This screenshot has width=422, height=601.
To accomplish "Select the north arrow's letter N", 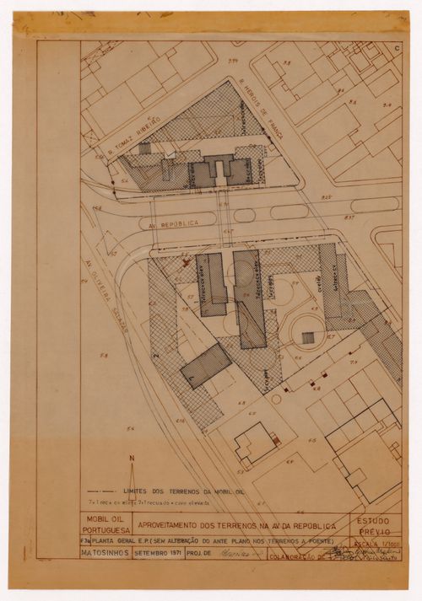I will pyautogui.click(x=131, y=458).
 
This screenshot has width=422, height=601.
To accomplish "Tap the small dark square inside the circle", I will pyautogui.click(x=308, y=338).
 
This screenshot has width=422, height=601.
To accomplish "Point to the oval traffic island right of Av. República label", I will pyautogui.click(x=244, y=215).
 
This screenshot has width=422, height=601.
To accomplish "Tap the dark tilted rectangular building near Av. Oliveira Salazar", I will pyautogui.click(x=205, y=366).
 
